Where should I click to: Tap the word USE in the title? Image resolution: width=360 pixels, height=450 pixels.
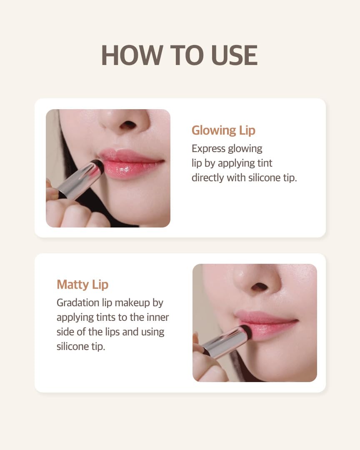point(234,55)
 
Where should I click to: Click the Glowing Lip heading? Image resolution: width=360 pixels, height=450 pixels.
point(223,130)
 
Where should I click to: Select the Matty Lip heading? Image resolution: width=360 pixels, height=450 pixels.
point(82,285)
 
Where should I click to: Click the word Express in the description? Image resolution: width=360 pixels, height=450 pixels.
point(208,149)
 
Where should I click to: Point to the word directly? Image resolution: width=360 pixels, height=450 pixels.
point(207,177)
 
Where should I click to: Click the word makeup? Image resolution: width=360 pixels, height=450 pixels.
point(132,303)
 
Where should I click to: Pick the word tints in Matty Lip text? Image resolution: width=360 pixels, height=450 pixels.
point(106,317)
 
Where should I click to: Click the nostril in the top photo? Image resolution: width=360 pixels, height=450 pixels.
point(127,125)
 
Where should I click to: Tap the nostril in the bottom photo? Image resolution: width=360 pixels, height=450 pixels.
point(260,286)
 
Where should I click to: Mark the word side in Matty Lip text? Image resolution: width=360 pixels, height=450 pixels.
point(65,332)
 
